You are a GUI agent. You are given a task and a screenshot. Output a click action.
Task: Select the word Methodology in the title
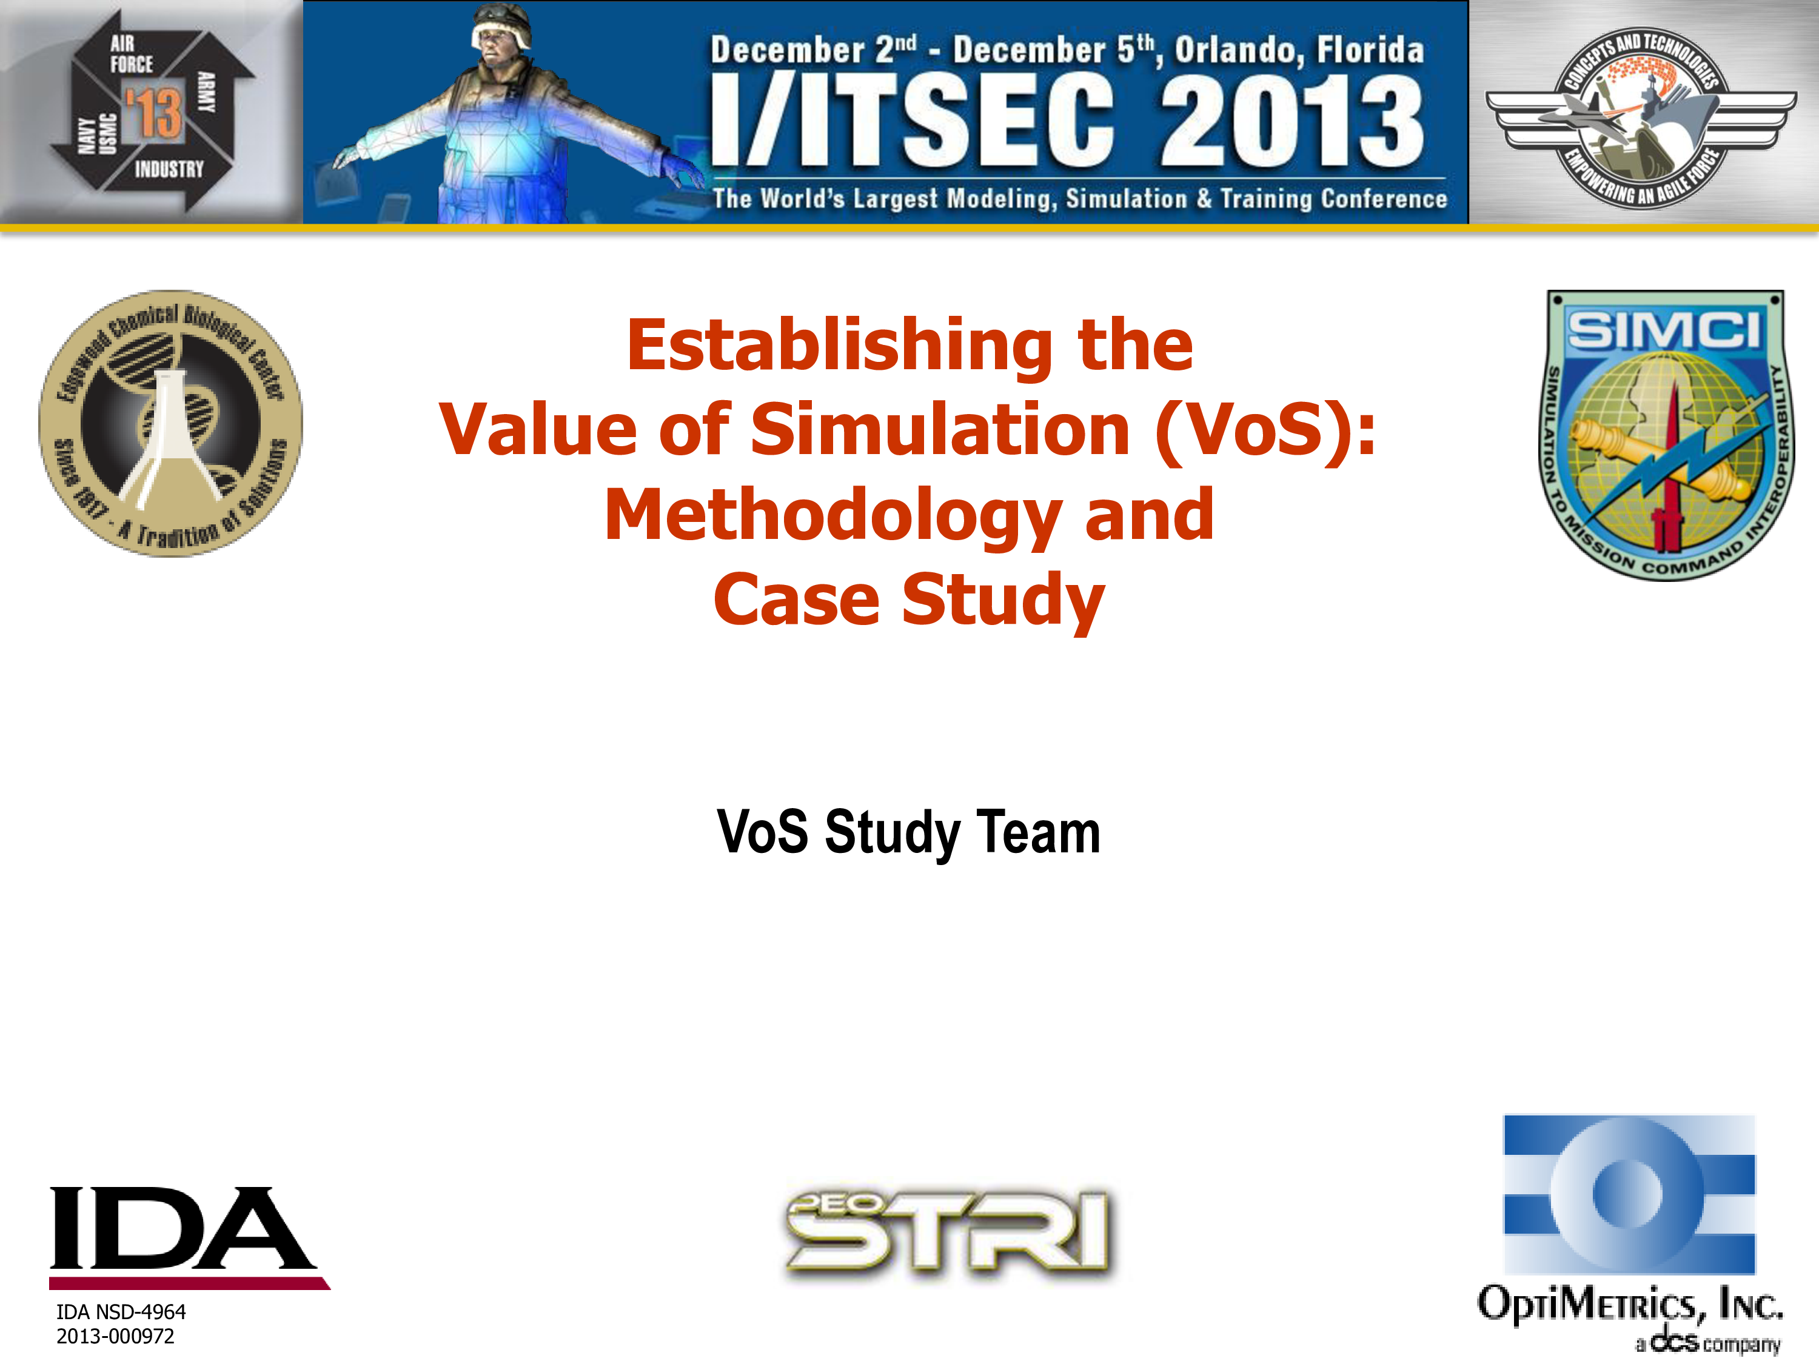833,515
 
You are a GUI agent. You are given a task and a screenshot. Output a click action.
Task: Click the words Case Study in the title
909,600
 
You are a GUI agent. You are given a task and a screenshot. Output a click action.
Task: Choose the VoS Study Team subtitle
909,832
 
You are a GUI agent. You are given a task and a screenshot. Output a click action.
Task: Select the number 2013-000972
115,1336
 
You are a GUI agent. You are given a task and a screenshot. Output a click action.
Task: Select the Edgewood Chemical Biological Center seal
171,423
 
